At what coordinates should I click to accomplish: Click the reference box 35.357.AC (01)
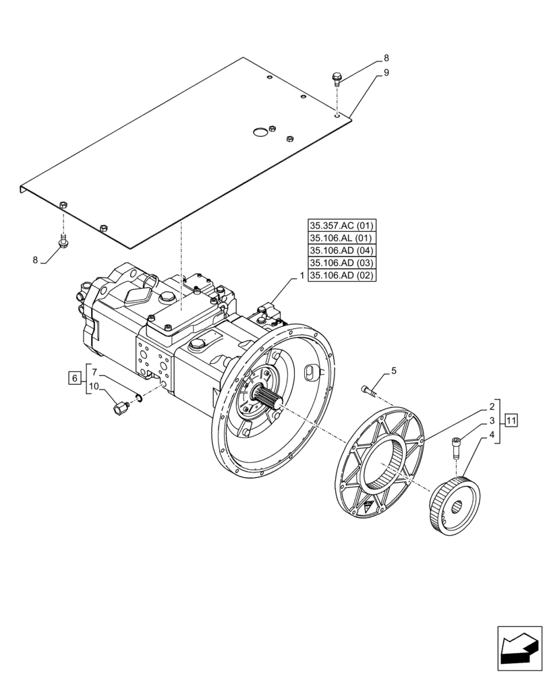click(x=342, y=226)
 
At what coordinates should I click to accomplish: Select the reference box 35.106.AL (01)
click(x=342, y=238)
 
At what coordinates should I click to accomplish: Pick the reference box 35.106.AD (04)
click(x=342, y=250)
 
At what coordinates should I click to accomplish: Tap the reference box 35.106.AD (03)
click(x=342, y=262)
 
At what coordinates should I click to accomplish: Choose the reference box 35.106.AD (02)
click(x=342, y=274)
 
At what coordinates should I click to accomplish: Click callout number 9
click(x=386, y=73)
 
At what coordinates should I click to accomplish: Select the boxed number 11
click(x=511, y=421)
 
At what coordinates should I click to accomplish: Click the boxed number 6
click(x=74, y=377)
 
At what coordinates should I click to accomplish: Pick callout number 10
click(x=94, y=386)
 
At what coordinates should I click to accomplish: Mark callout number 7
click(x=95, y=371)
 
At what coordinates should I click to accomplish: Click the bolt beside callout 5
click(x=368, y=389)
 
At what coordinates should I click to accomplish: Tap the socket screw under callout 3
click(x=456, y=445)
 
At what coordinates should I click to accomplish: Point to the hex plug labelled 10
click(x=121, y=407)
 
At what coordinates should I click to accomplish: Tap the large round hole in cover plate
click(x=260, y=133)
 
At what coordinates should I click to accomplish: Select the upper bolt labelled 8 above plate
click(x=337, y=80)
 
